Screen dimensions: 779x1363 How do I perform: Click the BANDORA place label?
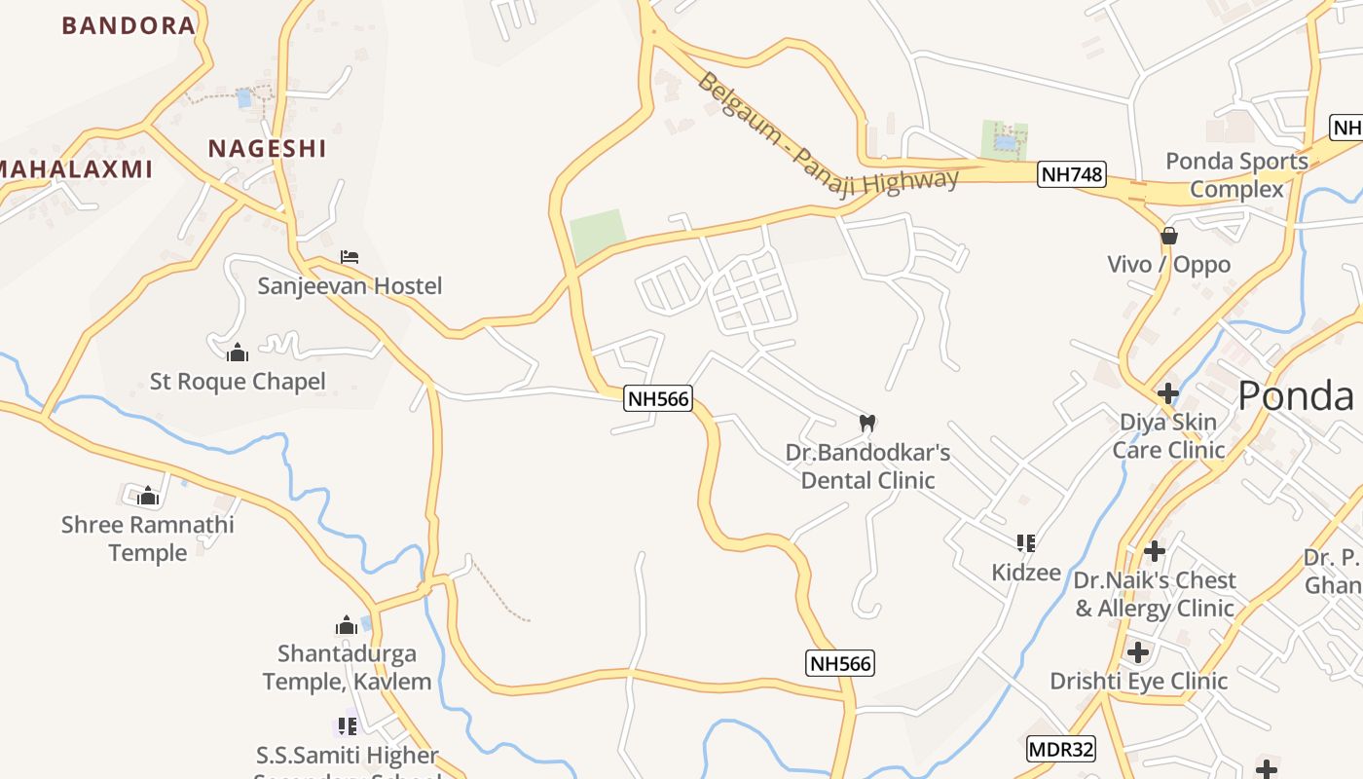(129, 25)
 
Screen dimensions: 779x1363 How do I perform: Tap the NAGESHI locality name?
(267, 148)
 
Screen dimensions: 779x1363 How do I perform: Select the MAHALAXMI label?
(76, 169)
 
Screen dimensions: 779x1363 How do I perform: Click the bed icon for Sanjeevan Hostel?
(350, 257)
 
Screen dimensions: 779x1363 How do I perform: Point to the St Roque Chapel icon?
(237, 352)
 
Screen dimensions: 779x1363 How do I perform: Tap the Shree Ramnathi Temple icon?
(148, 497)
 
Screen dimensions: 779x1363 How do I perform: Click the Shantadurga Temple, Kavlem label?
(347, 667)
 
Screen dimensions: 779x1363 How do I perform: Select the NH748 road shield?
(1071, 174)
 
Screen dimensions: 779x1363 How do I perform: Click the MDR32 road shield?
(1061, 750)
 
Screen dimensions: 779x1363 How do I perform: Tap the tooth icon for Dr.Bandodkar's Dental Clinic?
(867, 424)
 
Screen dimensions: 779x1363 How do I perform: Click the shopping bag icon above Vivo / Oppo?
(1168, 236)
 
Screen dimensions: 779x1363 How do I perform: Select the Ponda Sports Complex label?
(1236, 174)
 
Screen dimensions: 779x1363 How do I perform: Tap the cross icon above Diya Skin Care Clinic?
(1167, 393)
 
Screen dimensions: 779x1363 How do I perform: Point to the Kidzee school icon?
(1025, 542)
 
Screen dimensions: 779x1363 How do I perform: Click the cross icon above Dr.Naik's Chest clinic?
(1155, 551)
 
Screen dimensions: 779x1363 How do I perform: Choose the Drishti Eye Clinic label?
(1138, 681)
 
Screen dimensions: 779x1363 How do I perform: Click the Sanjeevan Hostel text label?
(350, 286)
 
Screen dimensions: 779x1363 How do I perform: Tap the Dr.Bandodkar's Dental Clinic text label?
(867, 466)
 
